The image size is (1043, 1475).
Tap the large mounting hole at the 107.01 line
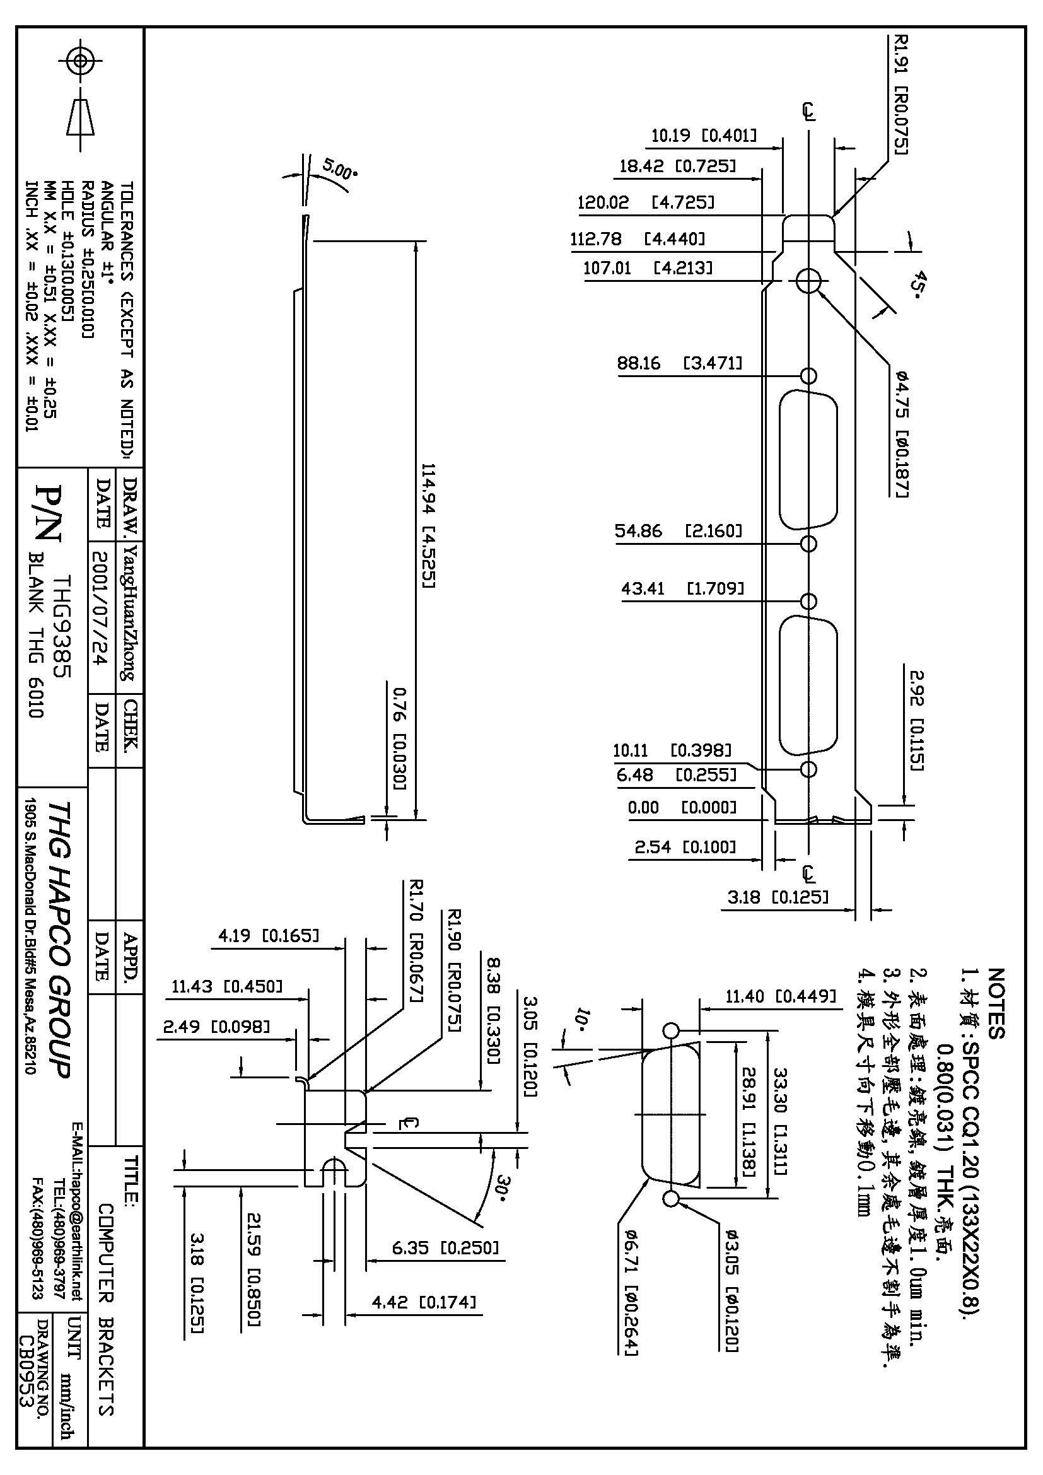(x=808, y=280)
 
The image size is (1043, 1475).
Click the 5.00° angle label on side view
(x=339, y=170)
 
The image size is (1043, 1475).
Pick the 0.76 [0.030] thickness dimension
(x=399, y=738)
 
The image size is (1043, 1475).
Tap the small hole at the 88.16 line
(x=808, y=375)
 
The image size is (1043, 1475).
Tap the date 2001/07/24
(x=102, y=614)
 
